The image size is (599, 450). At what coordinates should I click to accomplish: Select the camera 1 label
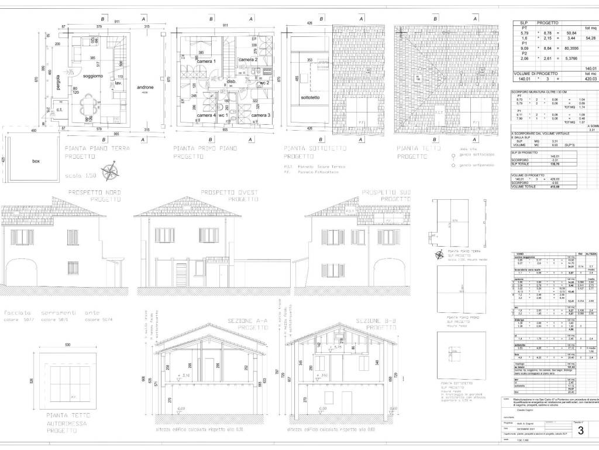[206, 62]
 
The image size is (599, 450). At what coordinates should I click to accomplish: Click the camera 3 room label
[261, 115]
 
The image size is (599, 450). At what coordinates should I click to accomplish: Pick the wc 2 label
[264, 83]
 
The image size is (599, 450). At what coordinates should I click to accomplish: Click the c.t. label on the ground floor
[60, 110]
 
